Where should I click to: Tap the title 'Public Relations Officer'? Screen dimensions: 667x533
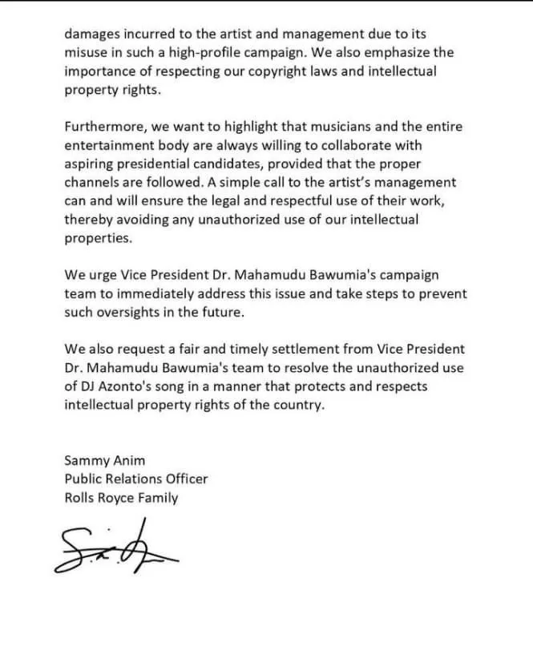pos(135,479)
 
